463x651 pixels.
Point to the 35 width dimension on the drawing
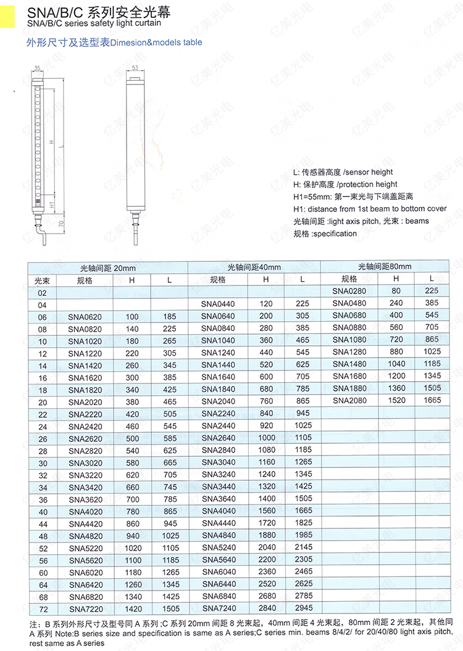(x=37, y=67)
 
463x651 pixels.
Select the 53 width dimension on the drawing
(x=134, y=67)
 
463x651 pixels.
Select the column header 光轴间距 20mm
(x=107, y=268)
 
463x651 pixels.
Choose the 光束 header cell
(x=41, y=280)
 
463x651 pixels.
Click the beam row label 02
(x=42, y=293)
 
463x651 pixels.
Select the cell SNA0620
(x=85, y=316)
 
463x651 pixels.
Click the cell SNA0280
(x=349, y=291)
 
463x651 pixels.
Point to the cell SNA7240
(x=219, y=608)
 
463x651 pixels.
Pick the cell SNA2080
(x=349, y=400)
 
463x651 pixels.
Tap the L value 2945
(x=303, y=608)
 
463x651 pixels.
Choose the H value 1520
(x=396, y=400)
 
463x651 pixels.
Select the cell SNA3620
(x=85, y=499)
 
